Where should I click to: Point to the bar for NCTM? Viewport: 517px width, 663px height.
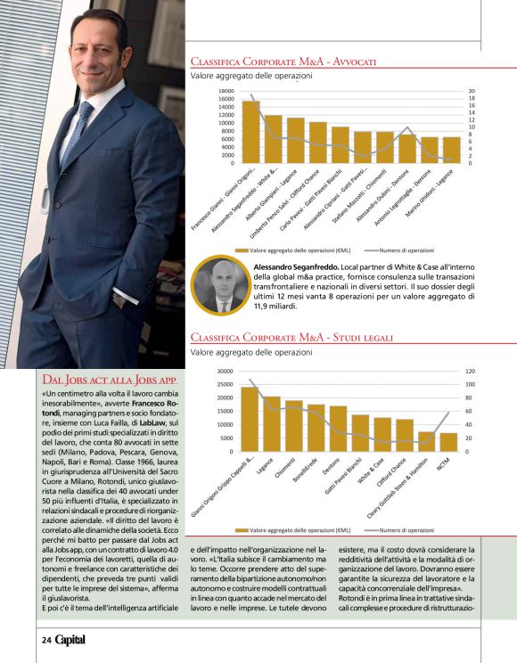coord(448,442)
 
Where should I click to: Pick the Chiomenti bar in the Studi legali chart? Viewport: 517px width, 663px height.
coord(293,426)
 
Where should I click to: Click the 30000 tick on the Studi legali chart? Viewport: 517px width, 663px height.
coord(224,371)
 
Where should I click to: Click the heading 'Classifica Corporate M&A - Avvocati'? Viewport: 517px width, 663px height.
coord(283,61)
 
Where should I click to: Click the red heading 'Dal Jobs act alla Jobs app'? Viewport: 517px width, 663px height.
coord(111,381)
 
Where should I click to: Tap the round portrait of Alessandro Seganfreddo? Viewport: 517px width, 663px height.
coord(221,286)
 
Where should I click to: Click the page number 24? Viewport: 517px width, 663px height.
coord(45,639)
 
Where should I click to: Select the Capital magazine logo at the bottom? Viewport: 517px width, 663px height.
coord(78,639)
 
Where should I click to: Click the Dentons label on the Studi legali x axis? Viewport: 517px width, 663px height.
coord(332,464)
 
